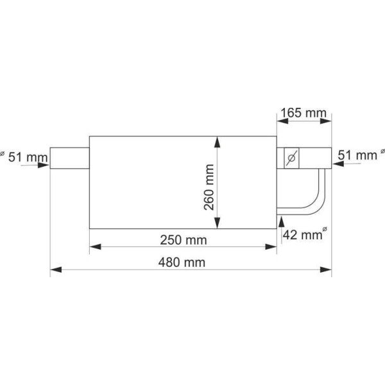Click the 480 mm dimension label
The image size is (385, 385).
click(182, 262)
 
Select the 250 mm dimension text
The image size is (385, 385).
click(184, 240)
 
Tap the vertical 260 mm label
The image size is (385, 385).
click(209, 187)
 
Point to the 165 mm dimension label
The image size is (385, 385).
click(304, 113)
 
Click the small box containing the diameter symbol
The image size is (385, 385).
click(291, 158)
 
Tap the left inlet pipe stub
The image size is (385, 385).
click(70, 158)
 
